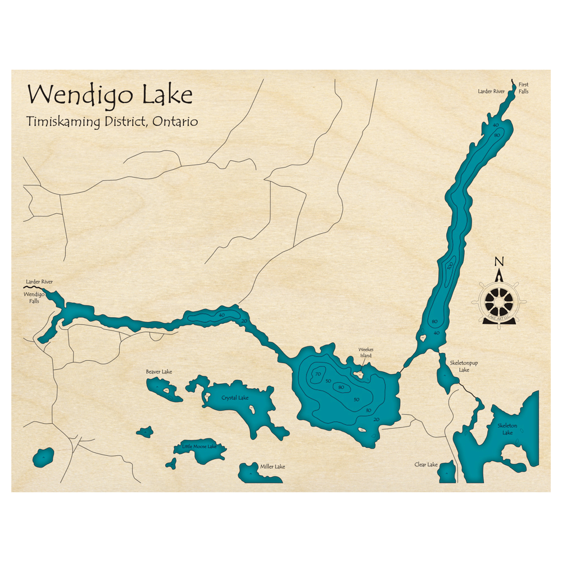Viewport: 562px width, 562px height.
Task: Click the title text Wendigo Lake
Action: click(110, 95)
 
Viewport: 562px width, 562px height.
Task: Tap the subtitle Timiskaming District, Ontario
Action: click(112, 121)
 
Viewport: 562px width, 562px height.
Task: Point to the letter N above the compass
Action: click(498, 261)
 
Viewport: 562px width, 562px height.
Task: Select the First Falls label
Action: click(523, 88)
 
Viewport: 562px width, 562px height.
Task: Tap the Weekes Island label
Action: click(366, 352)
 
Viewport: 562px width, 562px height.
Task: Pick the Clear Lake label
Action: click(426, 465)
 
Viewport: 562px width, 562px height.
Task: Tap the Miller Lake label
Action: click(272, 466)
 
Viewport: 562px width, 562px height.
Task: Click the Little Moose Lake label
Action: click(199, 446)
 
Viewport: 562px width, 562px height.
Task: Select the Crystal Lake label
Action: click(235, 398)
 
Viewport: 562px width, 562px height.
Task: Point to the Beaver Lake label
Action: click(158, 371)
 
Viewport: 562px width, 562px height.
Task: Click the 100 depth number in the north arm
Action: click(450, 266)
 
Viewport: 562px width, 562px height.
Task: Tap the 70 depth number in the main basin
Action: click(318, 374)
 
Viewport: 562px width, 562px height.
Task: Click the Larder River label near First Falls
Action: click(491, 90)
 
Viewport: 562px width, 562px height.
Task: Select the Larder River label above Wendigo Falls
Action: click(39, 281)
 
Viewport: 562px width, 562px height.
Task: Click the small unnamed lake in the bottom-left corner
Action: click(43, 456)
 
